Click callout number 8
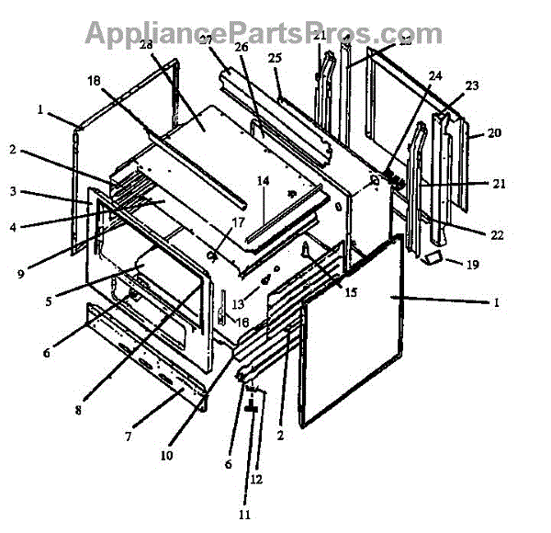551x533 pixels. click(80, 410)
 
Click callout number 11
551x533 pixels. click(244, 515)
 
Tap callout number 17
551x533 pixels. click(237, 221)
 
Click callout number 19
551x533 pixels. click(472, 265)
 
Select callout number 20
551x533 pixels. click(494, 132)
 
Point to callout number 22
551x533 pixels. click(497, 235)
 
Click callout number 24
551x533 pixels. click(434, 75)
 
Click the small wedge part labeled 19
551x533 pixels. click(433, 257)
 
